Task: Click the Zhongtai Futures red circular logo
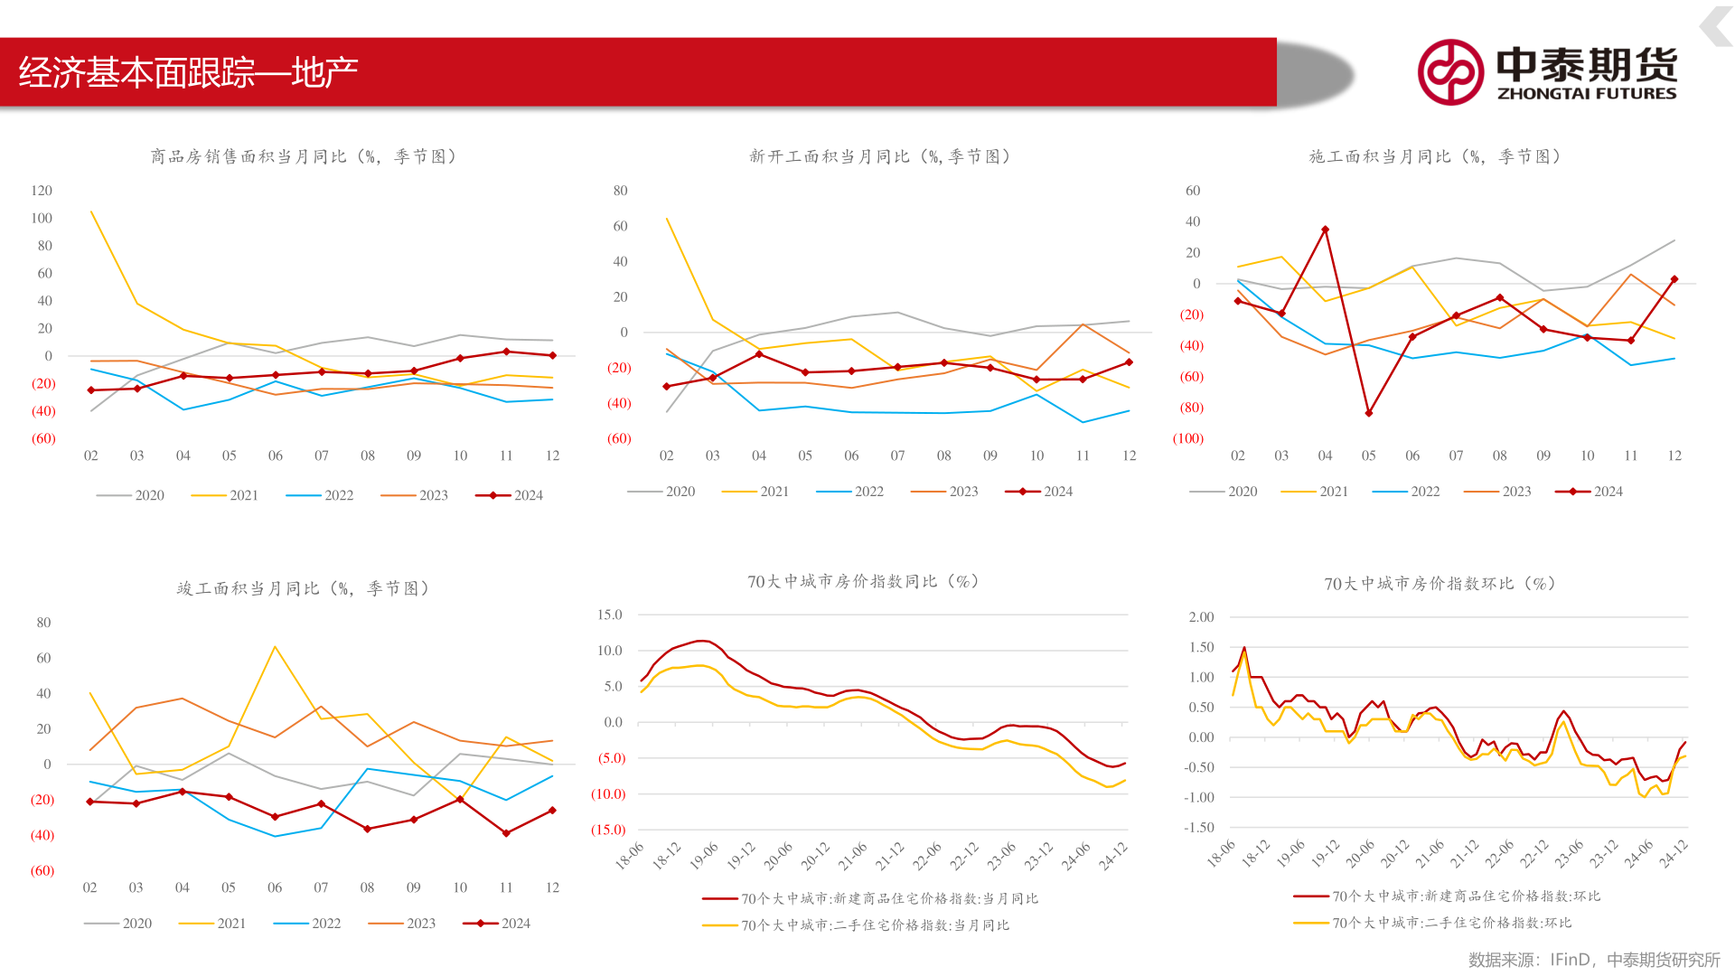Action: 1450,72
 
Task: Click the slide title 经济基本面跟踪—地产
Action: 188,72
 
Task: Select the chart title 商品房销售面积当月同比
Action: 303,156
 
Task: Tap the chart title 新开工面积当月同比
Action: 879,156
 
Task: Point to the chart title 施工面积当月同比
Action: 1435,156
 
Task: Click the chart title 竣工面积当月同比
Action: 303,588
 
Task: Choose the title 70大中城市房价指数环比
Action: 1440,584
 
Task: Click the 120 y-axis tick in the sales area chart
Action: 42,191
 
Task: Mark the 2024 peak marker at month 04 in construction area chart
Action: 1325,230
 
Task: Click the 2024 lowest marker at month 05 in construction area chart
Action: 1369,413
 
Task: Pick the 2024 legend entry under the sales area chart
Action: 510,495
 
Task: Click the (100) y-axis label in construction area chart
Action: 1188,438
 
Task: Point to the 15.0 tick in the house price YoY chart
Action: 610,615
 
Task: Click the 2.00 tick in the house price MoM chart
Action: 1201,617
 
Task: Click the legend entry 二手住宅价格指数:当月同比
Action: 856,925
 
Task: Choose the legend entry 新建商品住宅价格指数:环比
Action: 1447,896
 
